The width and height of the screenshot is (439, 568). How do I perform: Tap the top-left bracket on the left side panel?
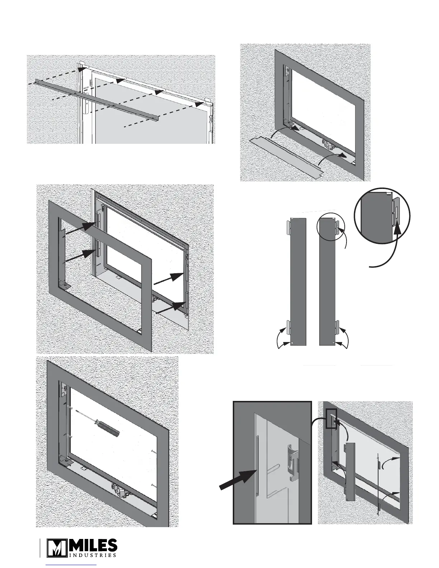(x=288, y=226)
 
